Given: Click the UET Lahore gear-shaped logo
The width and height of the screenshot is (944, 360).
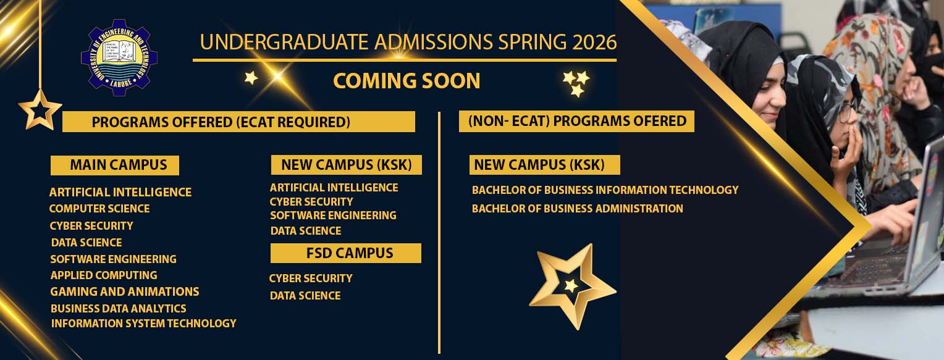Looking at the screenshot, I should (119, 59).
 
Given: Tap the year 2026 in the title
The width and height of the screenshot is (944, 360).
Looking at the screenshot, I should (594, 42).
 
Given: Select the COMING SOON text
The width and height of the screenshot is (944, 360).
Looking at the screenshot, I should (407, 81).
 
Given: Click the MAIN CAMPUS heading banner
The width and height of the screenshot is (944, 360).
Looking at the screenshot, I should (115, 165).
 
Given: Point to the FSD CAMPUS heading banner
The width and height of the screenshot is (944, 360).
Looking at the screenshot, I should (346, 253).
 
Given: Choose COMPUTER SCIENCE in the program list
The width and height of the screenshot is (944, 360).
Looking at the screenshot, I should (99, 209).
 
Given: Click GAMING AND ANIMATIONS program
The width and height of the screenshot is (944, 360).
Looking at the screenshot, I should (125, 291).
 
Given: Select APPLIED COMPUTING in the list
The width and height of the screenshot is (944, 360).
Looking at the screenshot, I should (104, 275).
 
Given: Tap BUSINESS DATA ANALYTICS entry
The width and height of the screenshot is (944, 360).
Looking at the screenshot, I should (119, 308).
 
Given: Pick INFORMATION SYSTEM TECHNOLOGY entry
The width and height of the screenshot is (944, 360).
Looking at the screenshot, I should (143, 323).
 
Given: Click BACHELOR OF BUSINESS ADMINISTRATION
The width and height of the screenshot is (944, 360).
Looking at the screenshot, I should (578, 209).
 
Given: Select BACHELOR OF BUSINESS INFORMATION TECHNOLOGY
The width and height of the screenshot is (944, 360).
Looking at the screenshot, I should (605, 190).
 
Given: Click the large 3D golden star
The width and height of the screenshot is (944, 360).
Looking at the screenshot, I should (571, 285).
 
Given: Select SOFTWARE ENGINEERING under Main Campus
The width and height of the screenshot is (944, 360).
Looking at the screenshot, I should (114, 259).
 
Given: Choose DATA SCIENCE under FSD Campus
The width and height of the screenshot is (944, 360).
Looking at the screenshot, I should (305, 296).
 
